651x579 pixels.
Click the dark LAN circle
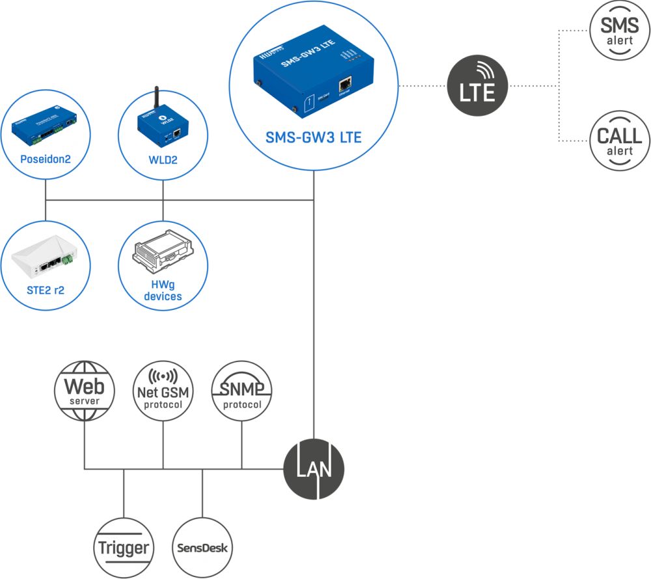(x=314, y=469)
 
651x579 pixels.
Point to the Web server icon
(x=84, y=391)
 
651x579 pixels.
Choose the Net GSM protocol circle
(x=163, y=391)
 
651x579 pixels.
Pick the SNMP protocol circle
(x=242, y=391)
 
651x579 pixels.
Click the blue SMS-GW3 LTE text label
(x=314, y=138)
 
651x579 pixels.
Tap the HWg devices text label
(x=163, y=290)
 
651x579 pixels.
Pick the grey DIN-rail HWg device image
(x=163, y=253)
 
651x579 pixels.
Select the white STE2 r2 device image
(x=44, y=254)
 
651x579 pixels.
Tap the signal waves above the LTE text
(x=483, y=70)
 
